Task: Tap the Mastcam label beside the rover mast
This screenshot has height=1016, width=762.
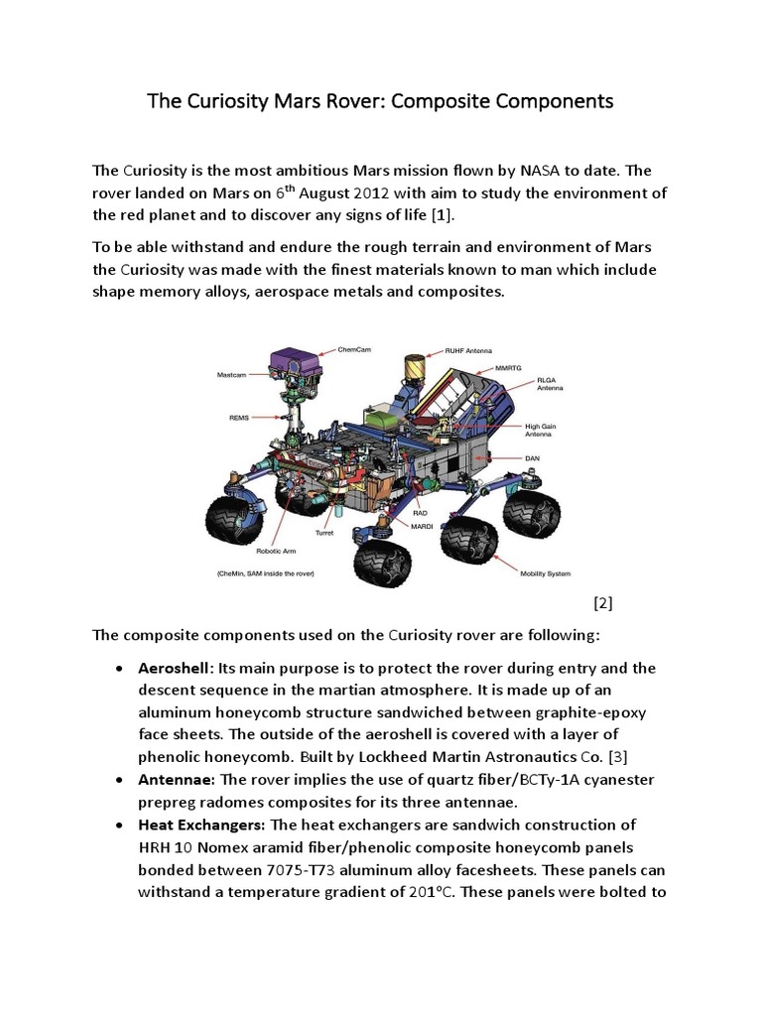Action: point(231,374)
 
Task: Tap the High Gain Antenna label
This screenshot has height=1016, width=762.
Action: point(542,429)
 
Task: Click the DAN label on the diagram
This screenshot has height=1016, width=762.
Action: point(532,458)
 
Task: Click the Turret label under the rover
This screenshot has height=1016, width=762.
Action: point(323,532)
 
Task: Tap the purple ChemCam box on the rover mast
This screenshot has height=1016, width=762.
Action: point(294,361)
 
